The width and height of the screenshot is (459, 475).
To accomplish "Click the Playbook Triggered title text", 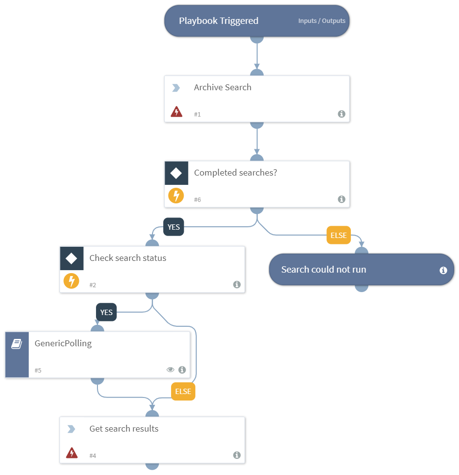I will tap(218, 21).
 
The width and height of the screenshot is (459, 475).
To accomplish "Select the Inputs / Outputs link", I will tap(322, 21).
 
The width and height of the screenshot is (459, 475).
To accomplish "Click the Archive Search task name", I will tap(223, 87).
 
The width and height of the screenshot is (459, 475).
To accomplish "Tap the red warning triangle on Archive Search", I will tap(176, 113).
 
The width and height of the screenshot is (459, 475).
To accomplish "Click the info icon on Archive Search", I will tap(342, 114).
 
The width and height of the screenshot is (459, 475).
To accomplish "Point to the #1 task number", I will tap(197, 114).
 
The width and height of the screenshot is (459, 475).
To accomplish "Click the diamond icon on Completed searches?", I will tap(176, 173).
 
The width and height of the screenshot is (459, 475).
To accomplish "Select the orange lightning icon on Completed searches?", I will tap(176, 196).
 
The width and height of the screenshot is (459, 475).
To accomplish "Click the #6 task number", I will tap(197, 199).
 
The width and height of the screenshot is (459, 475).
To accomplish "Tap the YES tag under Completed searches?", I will tap(173, 227).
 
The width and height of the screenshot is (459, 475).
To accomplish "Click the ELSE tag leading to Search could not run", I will tap(339, 236).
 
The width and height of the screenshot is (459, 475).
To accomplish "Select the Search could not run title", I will tap(324, 270).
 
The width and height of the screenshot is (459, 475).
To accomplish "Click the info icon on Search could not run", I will tap(443, 270).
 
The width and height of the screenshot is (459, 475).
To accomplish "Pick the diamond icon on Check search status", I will tap(72, 258).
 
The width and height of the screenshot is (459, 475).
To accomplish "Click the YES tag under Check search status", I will tap(106, 313).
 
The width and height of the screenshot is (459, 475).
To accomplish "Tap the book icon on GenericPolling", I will tap(17, 344).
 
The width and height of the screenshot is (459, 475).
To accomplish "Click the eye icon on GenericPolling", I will tap(171, 370).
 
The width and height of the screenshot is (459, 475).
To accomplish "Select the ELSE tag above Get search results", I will tap(183, 392).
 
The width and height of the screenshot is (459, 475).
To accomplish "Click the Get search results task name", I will tap(124, 429).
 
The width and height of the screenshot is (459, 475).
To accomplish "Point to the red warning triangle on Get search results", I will tap(72, 454).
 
